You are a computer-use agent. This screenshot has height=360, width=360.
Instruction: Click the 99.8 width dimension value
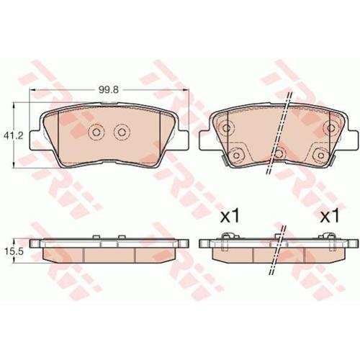click(x=109, y=90)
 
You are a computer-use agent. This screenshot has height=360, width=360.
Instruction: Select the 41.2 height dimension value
click(x=13, y=136)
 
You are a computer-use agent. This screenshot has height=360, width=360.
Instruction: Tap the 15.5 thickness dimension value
click(x=14, y=251)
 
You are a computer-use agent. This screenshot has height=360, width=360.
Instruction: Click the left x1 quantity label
click(x=230, y=215)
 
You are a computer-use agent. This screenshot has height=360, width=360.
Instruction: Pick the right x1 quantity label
click(x=330, y=215)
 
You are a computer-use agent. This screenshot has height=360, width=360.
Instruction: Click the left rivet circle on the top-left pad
click(x=96, y=132)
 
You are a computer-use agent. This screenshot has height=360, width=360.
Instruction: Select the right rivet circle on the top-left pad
click(x=122, y=132)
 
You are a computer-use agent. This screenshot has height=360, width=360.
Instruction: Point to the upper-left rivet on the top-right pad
click(x=226, y=127)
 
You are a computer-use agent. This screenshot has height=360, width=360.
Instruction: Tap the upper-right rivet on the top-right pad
click(x=330, y=127)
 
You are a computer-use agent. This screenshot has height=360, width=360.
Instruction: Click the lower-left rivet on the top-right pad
click(x=236, y=156)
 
